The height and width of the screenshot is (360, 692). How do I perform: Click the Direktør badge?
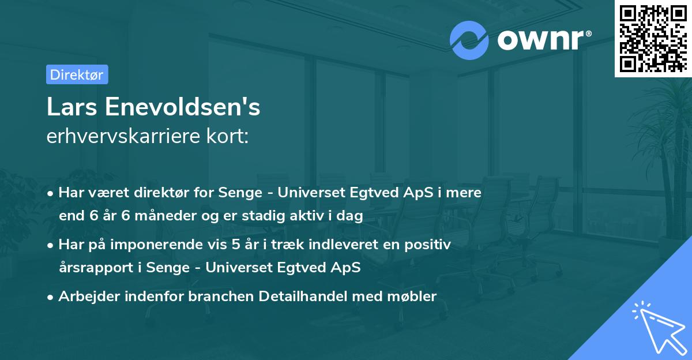point(77,74)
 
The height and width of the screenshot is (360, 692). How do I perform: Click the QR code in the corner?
point(652,38)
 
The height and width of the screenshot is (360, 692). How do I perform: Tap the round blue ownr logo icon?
point(469,40)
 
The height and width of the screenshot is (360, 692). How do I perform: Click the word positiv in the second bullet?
point(430,245)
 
